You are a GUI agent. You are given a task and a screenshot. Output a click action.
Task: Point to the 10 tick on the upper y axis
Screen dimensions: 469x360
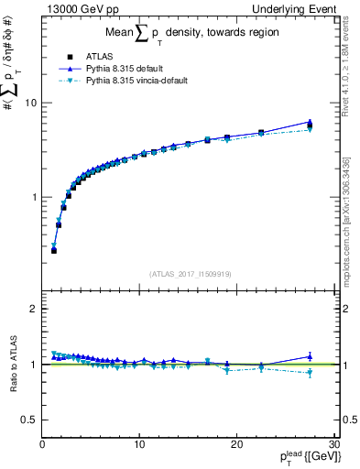pyautogui.click(x=30, y=103)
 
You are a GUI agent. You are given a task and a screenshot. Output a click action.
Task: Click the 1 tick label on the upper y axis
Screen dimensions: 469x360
pyautogui.click(x=33, y=197)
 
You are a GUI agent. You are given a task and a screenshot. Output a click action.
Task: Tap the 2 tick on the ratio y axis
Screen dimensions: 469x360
pyautogui.click(x=33, y=309)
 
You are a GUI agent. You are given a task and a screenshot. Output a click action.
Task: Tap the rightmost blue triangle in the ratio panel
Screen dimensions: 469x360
pyautogui.click(x=310, y=356)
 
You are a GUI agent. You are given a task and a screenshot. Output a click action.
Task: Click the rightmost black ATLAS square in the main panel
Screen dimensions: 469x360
pyautogui.click(x=310, y=125)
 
